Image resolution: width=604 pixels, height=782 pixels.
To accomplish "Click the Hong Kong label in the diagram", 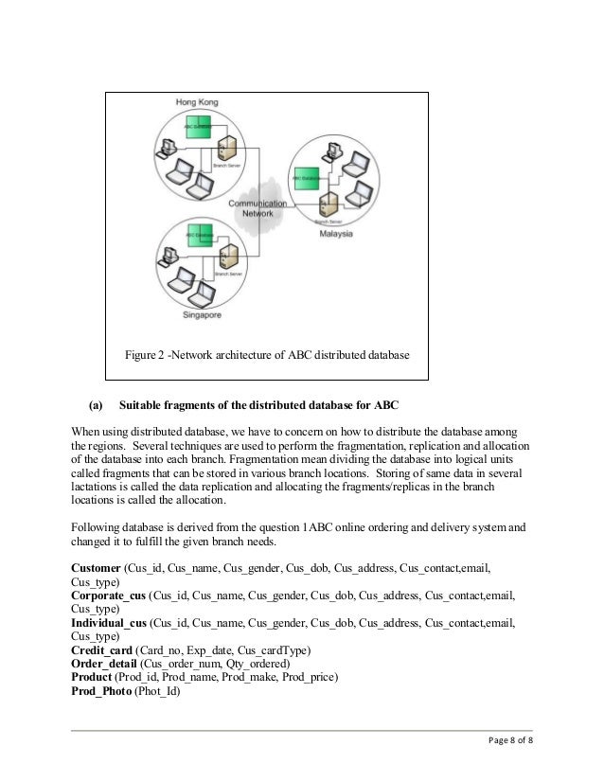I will (196, 101).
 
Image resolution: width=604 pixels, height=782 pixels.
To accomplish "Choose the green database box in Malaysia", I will (307, 177).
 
